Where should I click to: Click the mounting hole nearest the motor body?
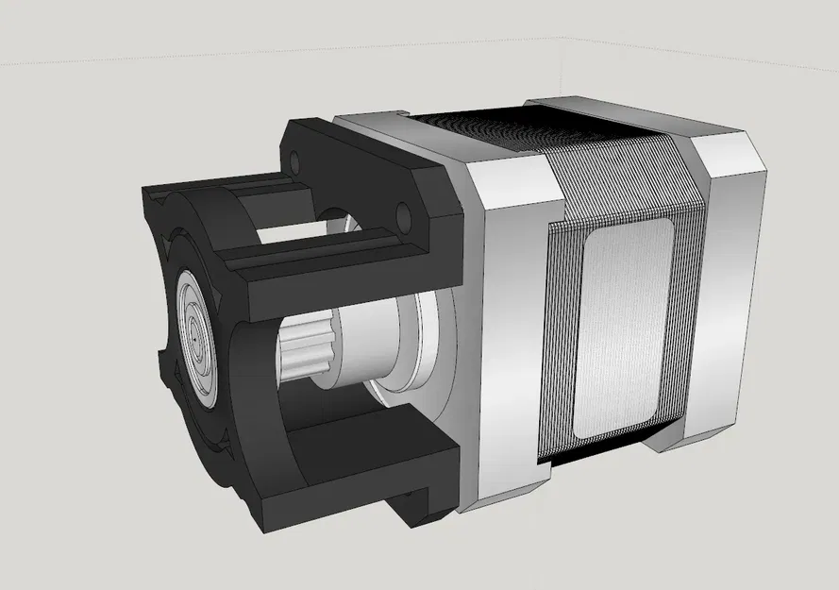pos(404,219)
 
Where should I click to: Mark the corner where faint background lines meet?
pos(565,38)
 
